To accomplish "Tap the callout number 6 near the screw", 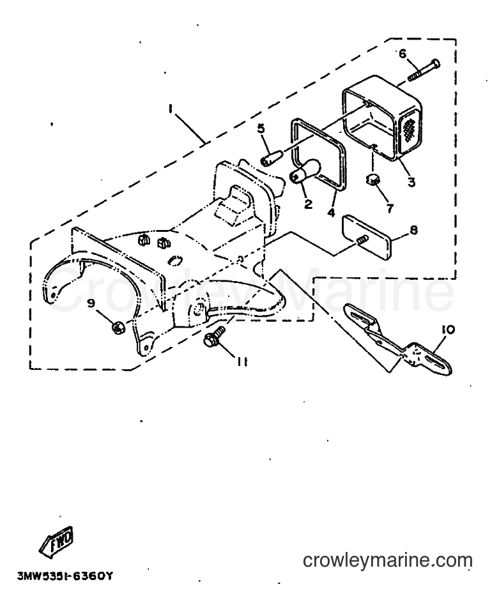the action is pyautogui.click(x=403, y=54).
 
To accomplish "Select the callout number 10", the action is pyautogui.click(x=449, y=330).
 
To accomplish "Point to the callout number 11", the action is pyautogui.click(x=242, y=362).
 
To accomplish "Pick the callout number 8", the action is pyautogui.click(x=413, y=229).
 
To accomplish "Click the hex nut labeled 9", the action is pyautogui.click(x=118, y=328).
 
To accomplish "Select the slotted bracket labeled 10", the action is pyautogui.click(x=398, y=340).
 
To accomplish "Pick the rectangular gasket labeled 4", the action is pyautogui.click(x=318, y=155).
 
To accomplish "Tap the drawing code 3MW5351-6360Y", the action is pyautogui.click(x=65, y=576).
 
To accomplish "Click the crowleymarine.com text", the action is pyautogui.click(x=387, y=561).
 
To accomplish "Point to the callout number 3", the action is pyautogui.click(x=412, y=182).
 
